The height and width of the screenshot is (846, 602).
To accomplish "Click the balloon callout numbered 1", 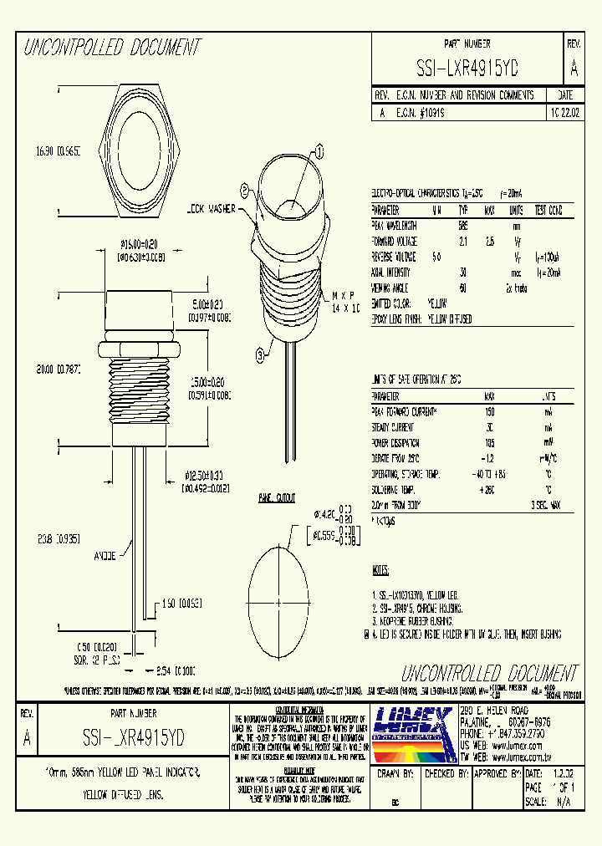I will coord(319,152).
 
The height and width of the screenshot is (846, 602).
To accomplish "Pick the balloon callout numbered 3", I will coord(262,355).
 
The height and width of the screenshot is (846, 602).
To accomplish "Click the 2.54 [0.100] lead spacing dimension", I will coord(176,670).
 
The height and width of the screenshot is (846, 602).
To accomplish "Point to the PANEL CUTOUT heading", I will coord(276,498).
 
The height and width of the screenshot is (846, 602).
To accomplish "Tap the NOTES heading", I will coord(380,571).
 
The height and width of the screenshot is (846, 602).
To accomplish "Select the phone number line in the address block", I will coord(502,731).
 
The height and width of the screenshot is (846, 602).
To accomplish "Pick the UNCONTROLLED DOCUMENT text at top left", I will coord(112,48).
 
